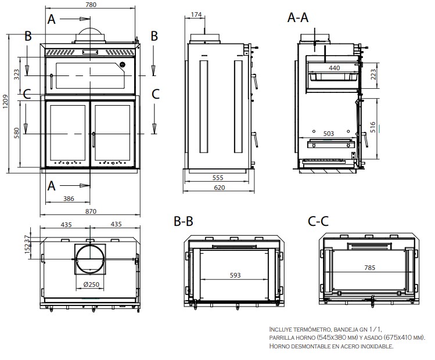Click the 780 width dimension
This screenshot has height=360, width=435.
tap(91, 5)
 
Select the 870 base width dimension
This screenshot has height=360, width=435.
tap(91, 211)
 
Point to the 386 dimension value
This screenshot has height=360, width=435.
tap(69, 199)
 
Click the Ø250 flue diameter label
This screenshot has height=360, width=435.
tap(91, 285)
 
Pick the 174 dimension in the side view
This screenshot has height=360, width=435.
tap(196, 15)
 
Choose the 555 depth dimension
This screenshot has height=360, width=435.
tap(218, 178)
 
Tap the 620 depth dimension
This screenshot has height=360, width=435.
tap(219, 188)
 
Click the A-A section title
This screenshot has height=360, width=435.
tap(298, 17)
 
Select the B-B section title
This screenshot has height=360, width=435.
tap(184, 221)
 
